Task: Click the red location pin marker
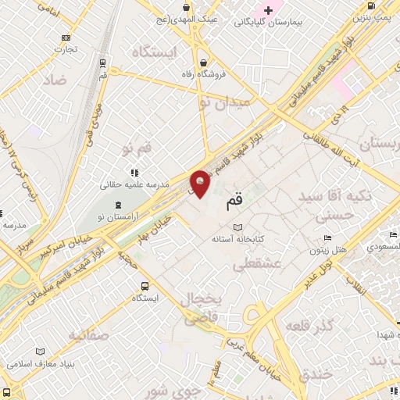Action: tap(200, 183)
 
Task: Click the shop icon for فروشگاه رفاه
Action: tap(203, 62)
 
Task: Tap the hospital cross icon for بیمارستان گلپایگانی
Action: tap(269, 10)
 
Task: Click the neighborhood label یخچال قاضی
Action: tap(202, 309)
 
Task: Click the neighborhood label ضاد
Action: tap(55, 80)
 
